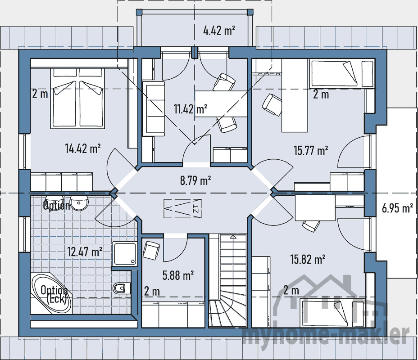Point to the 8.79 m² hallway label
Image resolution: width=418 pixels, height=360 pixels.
coord(195,180)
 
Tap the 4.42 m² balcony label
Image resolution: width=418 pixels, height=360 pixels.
coord(219,31)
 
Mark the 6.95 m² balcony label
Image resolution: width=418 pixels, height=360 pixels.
coord(397,208)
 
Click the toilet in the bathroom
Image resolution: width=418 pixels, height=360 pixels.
coord(121,287)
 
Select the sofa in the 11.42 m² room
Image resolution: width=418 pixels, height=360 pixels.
coord(153,108)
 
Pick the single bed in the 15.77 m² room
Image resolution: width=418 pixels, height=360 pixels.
coord(342,74)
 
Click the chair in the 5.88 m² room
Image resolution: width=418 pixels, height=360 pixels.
coord(150,250)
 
